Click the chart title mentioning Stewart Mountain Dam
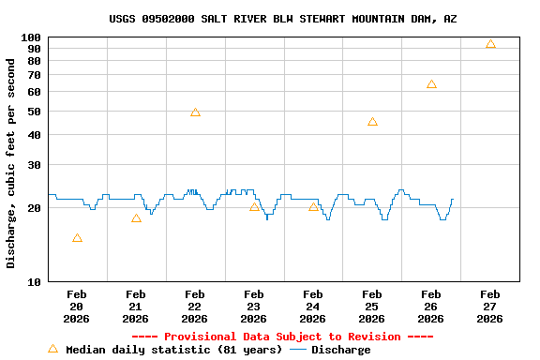point(283,19)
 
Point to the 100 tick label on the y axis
point(31,37)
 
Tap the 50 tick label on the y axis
point(35,112)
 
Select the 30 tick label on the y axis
point(35,165)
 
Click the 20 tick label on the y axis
point(35,208)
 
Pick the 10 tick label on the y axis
point(35,281)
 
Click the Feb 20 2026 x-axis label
point(77,307)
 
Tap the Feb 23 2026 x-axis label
point(254,307)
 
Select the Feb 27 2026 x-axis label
point(490,307)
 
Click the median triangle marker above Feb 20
point(77,238)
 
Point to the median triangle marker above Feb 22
point(195,112)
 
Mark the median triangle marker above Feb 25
point(372,122)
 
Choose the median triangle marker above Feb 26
point(431,84)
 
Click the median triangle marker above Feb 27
point(490,45)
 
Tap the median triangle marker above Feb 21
point(136,218)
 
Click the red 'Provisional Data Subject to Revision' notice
point(282,337)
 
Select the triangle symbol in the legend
point(52,349)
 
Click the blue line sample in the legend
point(298,350)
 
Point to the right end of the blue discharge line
point(452,199)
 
